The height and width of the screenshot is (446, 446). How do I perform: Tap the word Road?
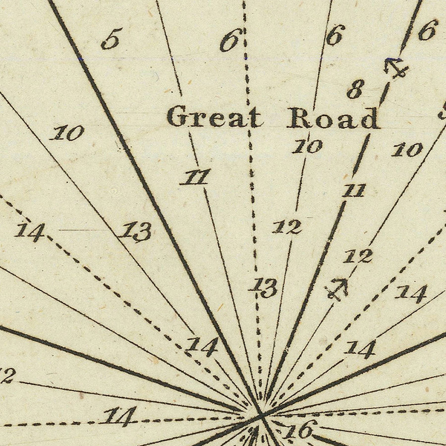[x=334, y=119]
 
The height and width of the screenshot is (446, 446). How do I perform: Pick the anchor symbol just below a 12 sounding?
[x=337, y=289]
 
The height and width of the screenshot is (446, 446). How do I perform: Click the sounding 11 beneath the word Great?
[x=196, y=177]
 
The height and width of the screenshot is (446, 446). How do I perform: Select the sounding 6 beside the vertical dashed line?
[x=231, y=41]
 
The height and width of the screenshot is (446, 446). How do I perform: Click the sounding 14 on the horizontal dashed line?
[x=120, y=416]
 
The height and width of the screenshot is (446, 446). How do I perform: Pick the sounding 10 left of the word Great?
[x=69, y=133]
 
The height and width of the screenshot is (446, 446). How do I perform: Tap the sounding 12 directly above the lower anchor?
[x=358, y=256]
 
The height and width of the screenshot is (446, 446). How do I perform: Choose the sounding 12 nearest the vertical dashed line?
[x=287, y=227]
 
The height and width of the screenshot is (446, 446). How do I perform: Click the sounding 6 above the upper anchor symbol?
[x=427, y=31]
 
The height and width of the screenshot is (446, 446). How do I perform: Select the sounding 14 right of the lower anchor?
[x=411, y=293]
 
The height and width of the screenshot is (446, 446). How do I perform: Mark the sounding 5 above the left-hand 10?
[x=111, y=39]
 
